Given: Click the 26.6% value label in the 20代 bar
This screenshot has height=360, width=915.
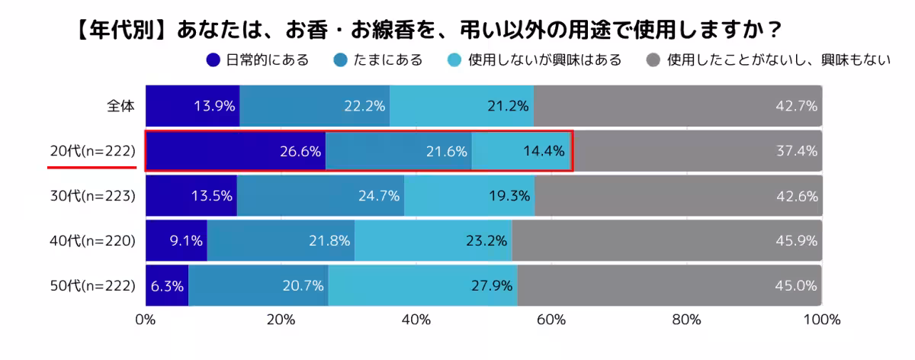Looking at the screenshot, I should tap(300, 151).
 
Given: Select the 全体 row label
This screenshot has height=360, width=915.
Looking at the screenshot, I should tap(120, 106).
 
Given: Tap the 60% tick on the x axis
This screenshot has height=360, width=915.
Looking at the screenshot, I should tap(551, 319).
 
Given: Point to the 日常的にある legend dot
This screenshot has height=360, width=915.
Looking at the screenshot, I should tap(213, 59).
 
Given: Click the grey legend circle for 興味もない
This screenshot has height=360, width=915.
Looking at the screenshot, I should tap(653, 59).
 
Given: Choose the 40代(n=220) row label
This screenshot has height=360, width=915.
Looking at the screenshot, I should tap(92, 241).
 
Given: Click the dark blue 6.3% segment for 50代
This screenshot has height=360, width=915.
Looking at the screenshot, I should tap(166, 286).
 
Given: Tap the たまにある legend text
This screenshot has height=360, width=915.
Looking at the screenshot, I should tap(387, 59).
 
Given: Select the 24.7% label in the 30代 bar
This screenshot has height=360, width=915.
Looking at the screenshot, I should tap(379, 196).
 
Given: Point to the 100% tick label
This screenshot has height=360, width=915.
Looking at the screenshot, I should tap(821, 319).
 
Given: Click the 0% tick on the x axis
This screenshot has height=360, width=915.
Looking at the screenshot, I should tap(146, 319).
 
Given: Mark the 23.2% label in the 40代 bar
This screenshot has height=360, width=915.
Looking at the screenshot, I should tap(486, 241).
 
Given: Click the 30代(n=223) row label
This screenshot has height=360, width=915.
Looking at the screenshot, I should tap(92, 196).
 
